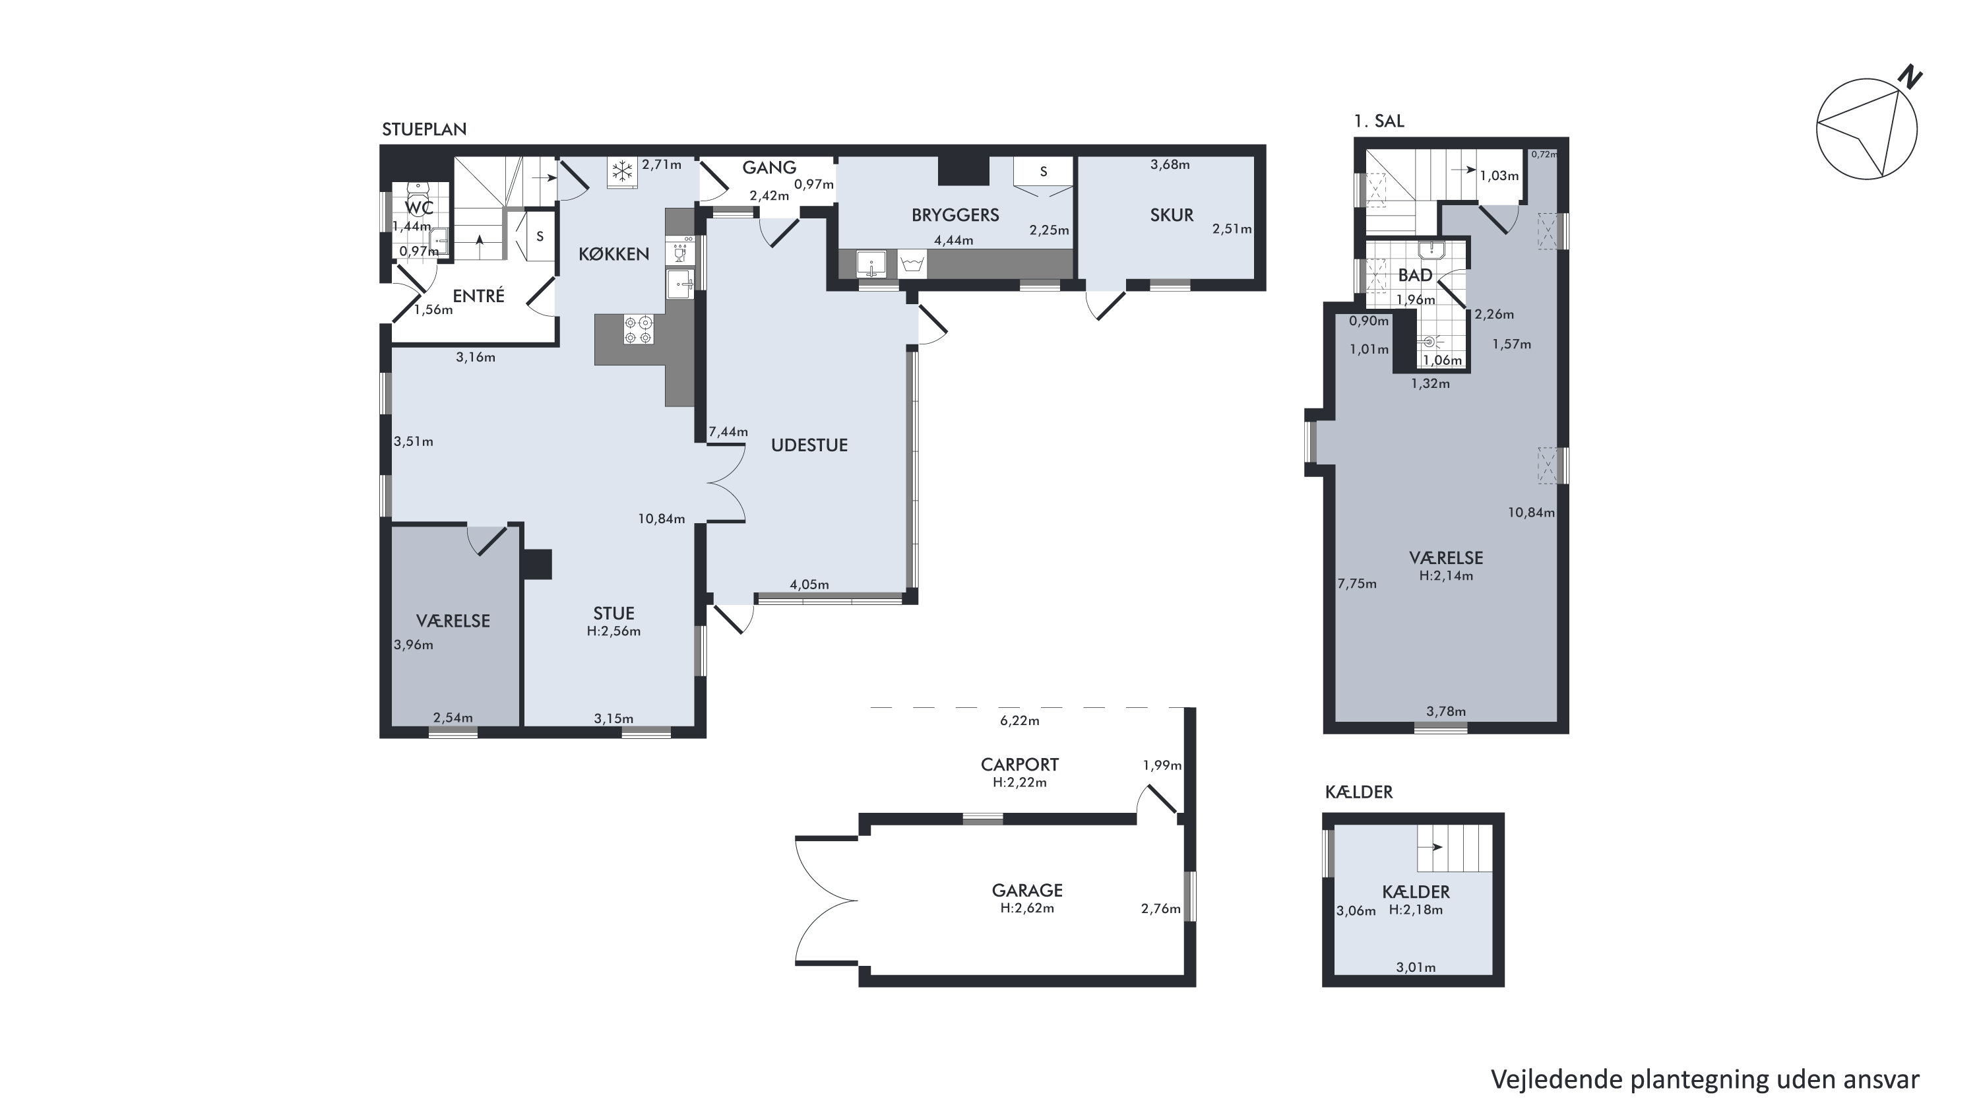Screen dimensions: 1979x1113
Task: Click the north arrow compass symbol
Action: pos(1867,129)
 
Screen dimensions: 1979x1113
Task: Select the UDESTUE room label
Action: pos(809,445)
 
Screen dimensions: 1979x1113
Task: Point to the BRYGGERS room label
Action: pos(955,215)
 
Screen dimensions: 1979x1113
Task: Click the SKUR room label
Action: pos(1172,215)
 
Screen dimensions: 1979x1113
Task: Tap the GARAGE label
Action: pos(1027,890)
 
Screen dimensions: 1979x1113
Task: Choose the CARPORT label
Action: pos(1019,764)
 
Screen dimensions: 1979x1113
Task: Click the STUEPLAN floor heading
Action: pos(424,129)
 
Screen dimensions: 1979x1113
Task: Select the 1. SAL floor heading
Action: pos(1379,121)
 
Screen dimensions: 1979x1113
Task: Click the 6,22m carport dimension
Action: pos(1019,720)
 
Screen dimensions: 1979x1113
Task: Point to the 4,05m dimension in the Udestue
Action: pos(809,585)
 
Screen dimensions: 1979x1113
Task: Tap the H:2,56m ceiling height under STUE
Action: pos(614,631)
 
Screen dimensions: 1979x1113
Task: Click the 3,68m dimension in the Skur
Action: pos(1170,164)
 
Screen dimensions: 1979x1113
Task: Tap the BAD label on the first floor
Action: pos(1415,275)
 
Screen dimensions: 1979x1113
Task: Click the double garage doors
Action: pos(827,899)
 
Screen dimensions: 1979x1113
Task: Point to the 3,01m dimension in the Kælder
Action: pos(1416,968)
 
